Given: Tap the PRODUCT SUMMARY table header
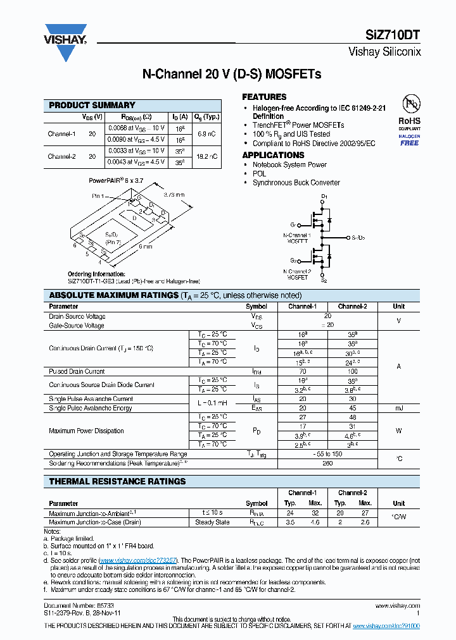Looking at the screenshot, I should coord(92,106).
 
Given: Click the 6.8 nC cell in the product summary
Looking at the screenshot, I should coord(206,134).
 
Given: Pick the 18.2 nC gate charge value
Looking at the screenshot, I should coord(206,156).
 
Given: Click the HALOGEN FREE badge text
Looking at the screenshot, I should coord(409,140).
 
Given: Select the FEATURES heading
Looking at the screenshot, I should coord(264,97).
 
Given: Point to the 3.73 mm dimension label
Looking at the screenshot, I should coord(174,195).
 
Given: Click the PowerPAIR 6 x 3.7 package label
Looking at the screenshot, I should coord(116,180).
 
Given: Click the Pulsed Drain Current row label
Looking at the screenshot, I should coord(77,371).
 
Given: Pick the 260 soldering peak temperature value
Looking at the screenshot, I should coord(327,463).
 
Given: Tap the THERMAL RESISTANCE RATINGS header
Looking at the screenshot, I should coord(117,481).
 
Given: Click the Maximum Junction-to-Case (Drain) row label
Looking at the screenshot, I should coord(94,522).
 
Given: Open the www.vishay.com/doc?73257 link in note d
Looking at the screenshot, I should coord(139,560).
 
